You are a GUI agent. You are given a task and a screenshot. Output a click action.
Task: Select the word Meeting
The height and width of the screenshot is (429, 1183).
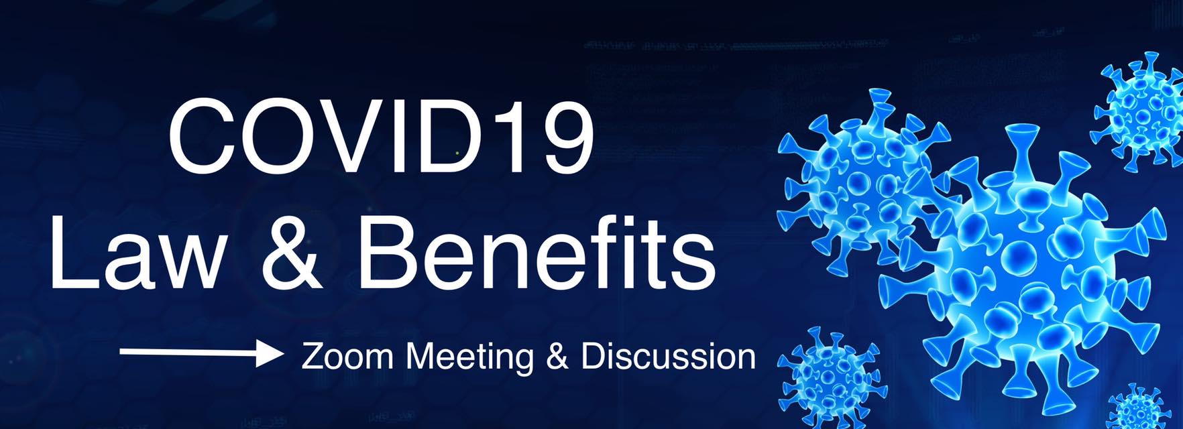[470, 358]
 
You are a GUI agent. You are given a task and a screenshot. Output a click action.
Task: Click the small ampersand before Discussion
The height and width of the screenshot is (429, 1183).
[557, 356]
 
